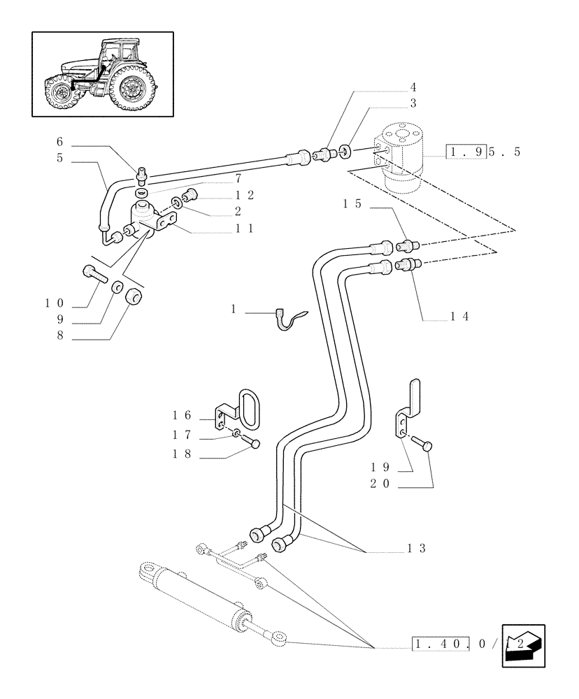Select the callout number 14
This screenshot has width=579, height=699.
pyautogui.click(x=458, y=316)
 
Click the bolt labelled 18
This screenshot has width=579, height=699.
pyautogui.click(x=253, y=442)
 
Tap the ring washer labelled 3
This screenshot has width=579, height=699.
pyautogui.click(x=345, y=150)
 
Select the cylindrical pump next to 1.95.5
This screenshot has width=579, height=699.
pyautogui.click(x=403, y=159)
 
